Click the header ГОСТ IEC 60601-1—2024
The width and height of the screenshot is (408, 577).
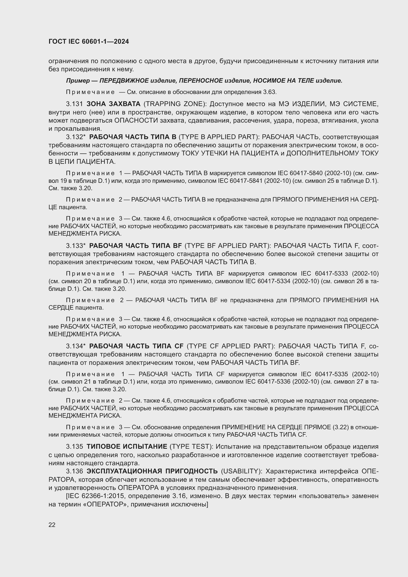point(89,41)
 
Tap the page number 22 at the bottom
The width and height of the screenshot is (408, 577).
point(52,525)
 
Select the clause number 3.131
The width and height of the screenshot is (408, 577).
point(74,104)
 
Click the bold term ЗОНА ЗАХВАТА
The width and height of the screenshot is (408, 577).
point(113,104)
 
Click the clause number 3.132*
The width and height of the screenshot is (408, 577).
point(76,137)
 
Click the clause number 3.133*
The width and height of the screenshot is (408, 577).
point(76,245)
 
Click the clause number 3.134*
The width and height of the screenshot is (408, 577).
point(76,346)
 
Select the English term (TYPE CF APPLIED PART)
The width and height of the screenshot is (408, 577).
point(231,346)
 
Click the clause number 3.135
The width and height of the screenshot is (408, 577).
point(74,447)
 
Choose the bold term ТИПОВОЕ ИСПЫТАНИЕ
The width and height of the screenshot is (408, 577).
point(127,447)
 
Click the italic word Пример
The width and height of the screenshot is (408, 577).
point(78,81)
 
